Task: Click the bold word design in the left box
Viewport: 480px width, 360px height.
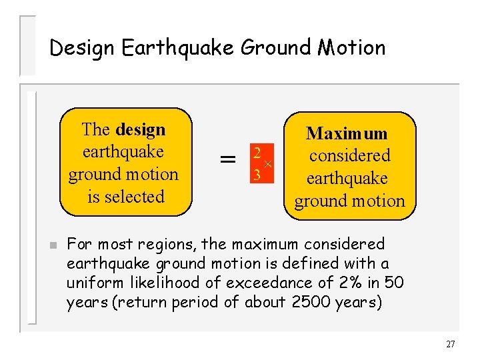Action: click(140, 129)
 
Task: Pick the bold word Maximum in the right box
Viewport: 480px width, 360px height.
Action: click(347, 133)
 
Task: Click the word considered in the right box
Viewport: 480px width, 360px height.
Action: click(349, 156)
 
